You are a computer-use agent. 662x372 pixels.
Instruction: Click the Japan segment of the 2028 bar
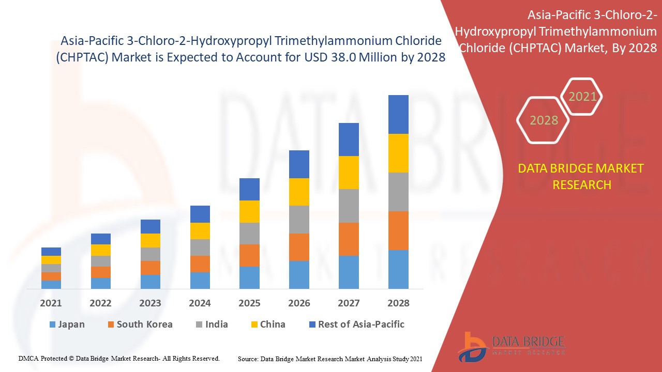pos(398,269)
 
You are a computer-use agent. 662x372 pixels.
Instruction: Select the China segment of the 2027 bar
pos(349,173)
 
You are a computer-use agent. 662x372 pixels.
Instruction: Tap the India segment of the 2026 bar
pos(299,220)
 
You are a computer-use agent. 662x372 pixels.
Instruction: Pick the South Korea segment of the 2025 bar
pos(249,255)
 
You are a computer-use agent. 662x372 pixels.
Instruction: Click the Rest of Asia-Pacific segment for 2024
pos(200,214)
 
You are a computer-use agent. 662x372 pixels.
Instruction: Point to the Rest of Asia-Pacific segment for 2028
pos(398,114)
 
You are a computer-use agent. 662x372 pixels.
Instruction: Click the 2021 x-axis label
pos(51,303)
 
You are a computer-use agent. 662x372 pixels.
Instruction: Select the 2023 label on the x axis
pos(150,303)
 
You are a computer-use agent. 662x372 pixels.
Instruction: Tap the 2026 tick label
pos(299,303)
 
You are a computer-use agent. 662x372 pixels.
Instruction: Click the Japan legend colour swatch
pos(52,325)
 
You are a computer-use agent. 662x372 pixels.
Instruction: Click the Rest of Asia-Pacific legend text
pos(361,324)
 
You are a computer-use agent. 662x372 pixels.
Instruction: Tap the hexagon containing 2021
pos(582,97)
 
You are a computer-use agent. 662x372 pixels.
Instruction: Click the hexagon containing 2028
pos(544,120)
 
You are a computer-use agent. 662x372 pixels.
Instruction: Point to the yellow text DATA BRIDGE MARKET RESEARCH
pos(582,176)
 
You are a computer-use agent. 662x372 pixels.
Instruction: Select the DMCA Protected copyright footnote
pos(119,358)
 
